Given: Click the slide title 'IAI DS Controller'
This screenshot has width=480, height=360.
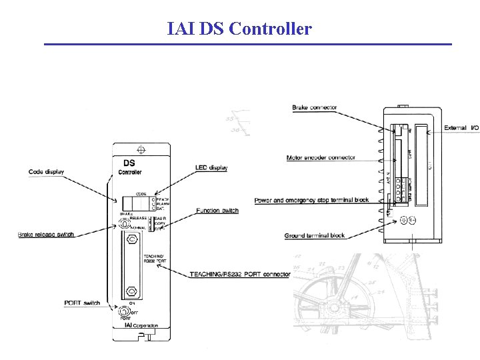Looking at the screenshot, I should click(x=239, y=29).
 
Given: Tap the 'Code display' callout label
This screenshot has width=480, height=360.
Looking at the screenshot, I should click(x=47, y=172).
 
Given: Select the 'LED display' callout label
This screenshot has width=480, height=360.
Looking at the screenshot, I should click(x=211, y=167).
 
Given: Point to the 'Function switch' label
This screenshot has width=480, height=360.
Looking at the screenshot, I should click(x=217, y=211).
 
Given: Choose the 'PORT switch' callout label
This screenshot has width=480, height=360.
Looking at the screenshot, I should click(x=83, y=303).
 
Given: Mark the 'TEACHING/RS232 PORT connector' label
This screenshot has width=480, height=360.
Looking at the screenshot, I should click(x=240, y=274).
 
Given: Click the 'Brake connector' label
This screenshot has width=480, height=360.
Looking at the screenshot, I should click(x=315, y=107).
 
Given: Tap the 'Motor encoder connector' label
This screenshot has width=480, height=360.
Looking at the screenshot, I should click(x=321, y=158).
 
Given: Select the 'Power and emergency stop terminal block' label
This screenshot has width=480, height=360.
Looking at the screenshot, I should click(x=311, y=200).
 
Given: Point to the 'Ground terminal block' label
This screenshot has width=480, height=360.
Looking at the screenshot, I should click(x=315, y=235).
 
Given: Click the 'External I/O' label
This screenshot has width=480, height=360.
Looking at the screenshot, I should click(x=461, y=127).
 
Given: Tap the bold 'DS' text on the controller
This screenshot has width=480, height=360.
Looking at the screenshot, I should click(x=130, y=162).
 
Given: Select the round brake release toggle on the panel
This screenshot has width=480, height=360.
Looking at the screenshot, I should click(x=123, y=223).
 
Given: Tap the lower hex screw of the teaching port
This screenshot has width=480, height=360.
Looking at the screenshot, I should click(x=131, y=291).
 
